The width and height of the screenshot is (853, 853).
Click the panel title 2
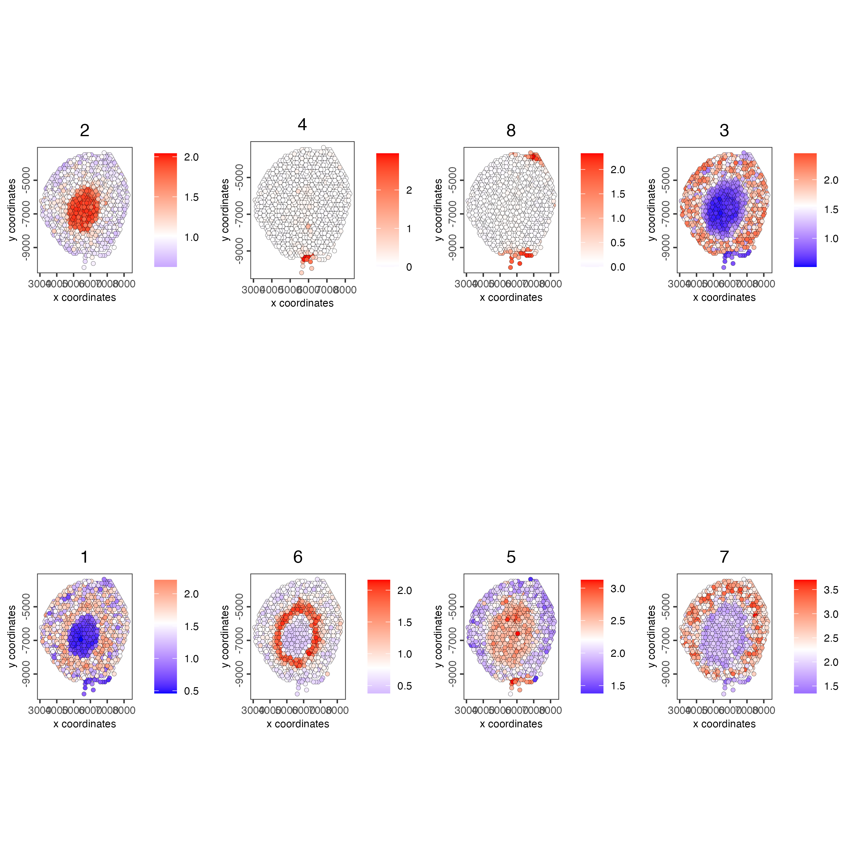point(84,130)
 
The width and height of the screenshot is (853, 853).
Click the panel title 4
point(302,124)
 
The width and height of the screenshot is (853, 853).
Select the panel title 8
point(511,130)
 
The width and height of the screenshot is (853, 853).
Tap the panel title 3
point(724,130)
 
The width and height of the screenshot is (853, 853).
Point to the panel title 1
point(84,557)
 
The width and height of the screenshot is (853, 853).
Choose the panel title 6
point(298,557)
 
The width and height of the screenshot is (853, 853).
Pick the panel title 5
point(511,557)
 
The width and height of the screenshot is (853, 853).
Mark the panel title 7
point(724,557)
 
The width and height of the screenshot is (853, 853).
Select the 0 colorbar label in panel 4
point(409,267)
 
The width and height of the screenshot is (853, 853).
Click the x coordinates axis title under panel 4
point(302,303)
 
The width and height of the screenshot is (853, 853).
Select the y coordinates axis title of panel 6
point(225,636)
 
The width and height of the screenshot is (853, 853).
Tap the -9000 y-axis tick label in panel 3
point(665,247)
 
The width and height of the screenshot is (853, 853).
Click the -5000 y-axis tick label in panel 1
point(26,607)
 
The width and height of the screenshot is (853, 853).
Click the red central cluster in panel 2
point(84,209)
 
